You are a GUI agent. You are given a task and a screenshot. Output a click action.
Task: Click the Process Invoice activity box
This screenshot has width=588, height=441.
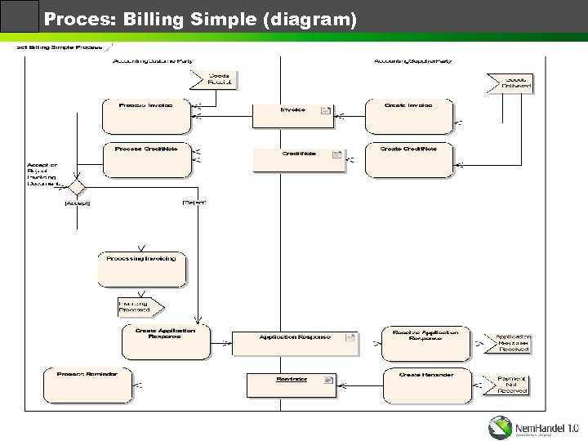(x=145, y=116)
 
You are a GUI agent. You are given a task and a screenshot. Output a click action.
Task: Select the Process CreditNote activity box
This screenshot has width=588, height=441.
(x=145, y=158)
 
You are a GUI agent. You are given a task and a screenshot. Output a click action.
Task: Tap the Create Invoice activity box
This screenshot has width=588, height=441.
(x=408, y=116)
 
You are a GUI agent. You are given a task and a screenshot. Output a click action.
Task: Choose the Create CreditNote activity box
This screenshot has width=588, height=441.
(x=408, y=160)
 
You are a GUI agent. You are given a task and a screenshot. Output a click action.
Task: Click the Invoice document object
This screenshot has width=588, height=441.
(x=294, y=115)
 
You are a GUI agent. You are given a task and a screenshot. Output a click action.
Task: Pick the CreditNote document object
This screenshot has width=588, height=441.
(x=299, y=159)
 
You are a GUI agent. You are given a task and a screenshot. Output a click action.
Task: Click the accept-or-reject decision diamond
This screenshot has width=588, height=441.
(x=77, y=188)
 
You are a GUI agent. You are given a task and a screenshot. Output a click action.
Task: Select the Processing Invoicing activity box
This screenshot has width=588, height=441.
(x=142, y=268)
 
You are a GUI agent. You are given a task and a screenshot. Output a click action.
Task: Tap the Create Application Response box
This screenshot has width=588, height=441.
(x=165, y=342)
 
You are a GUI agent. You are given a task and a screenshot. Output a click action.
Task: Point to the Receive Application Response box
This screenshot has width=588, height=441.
(x=425, y=343)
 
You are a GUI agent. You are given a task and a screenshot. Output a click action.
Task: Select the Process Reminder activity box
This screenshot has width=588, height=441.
(x=87, y=385)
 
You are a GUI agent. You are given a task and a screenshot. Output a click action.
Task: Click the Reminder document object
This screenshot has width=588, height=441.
(x=292, y=384)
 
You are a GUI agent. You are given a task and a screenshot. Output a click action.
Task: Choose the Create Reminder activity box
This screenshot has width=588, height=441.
(x=425, y=384)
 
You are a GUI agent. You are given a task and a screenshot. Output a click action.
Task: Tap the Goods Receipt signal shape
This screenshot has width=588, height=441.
(x=212, y=79)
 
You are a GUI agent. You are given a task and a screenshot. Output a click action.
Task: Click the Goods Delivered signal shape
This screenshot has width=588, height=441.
(x=510, y=82)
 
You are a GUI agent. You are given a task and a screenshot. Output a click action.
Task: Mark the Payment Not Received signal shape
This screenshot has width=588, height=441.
(x=511, y=384)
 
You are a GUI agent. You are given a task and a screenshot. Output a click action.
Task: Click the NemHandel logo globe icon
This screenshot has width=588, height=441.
(x=501, y=426)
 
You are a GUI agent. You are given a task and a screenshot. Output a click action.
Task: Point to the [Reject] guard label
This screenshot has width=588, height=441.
(x=194, y=202)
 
